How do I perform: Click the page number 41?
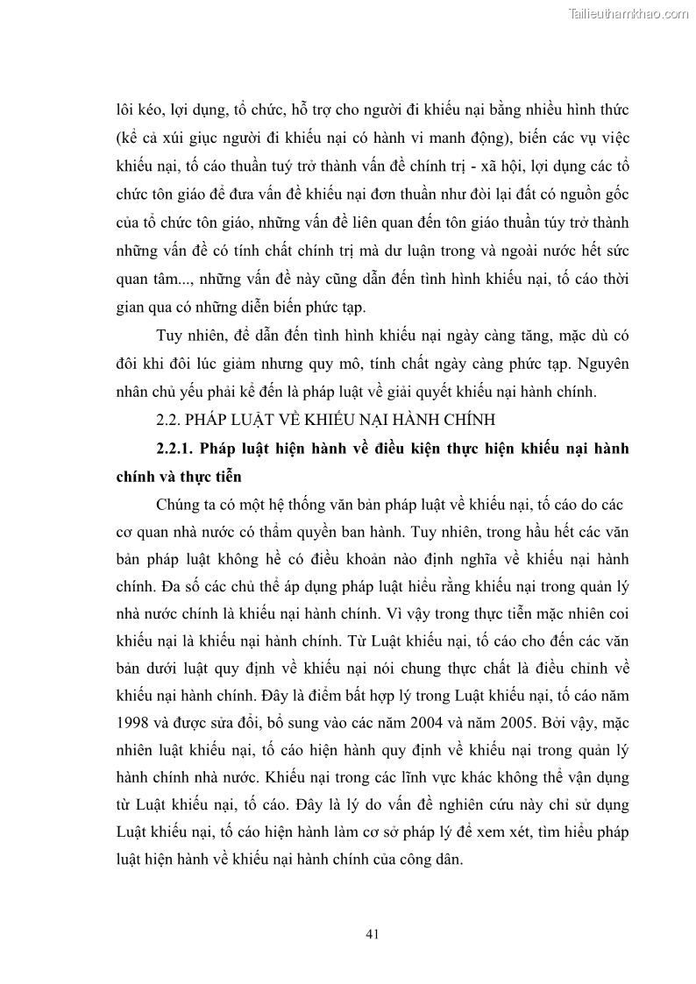(x=372, y=933)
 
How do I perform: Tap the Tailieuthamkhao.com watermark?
(x=629, y=13)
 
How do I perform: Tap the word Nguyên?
(x=605, y=364)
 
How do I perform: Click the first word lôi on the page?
(x=126, y=112)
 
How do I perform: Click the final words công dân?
(x=433, y=862)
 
